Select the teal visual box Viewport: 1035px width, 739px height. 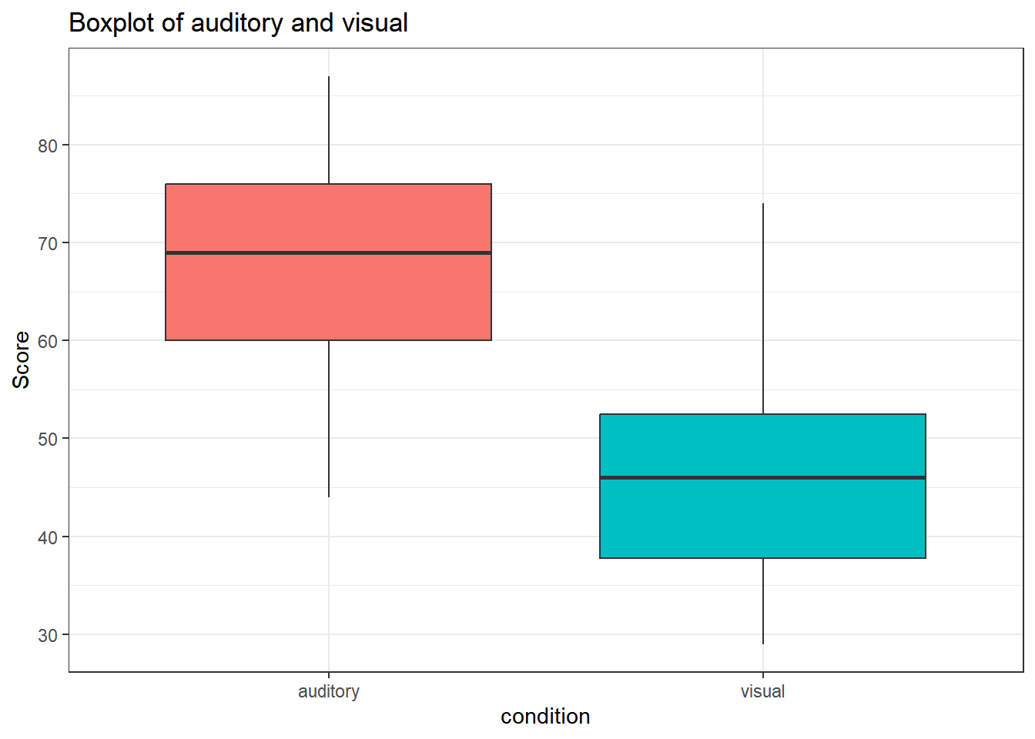click(762, 516)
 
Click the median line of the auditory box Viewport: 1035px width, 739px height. click(328, 252)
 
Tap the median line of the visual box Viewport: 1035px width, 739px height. click(762, 477)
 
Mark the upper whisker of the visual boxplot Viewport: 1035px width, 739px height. click(763, 308)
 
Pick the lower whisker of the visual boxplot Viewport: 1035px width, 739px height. click(763, 600)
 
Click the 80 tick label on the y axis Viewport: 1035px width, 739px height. click(48, 145)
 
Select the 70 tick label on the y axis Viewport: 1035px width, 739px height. click(48, 243)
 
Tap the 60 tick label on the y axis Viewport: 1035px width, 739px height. click(48, 341)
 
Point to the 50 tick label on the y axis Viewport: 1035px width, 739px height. click(48, 439)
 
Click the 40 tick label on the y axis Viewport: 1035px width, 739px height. click(48, 537)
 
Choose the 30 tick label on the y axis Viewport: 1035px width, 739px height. click(48, 635)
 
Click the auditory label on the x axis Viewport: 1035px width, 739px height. click(329, 691)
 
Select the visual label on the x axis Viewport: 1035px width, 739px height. click(762, 691)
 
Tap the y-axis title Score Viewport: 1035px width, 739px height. click(21, 359)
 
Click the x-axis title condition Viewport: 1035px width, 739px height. click(545, 717)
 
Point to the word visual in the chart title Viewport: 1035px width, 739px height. click(375, 23)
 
